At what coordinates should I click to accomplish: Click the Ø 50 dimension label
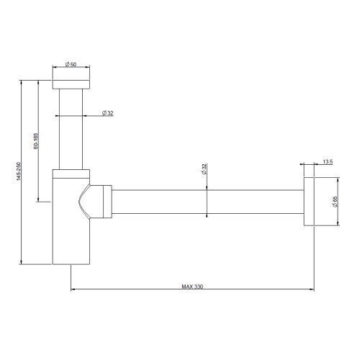click(x=71, y=65)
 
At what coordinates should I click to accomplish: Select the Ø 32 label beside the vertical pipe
click(x=107, y=113)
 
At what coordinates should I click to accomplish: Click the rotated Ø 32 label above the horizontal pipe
click(x=204, y=170)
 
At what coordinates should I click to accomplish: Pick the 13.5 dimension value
click(x=328, y=162)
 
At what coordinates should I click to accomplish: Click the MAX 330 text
click(x=192, y=287)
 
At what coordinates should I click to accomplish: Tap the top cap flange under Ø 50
click(x=71, y=78)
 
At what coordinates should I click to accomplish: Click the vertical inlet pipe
click(x=71, y=126)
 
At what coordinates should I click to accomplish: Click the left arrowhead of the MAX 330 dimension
click(x=73, y=290)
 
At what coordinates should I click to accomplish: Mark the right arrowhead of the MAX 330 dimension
click(x=312, y=290)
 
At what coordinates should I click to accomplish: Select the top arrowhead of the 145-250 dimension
click(x=22, y=84)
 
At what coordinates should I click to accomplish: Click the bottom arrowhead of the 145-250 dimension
click(x=22, y=262)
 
